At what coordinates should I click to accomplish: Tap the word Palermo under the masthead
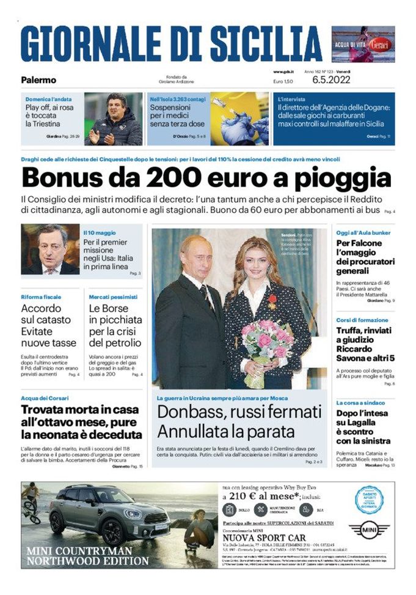point(38,79)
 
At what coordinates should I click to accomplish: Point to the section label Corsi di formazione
point(362,320)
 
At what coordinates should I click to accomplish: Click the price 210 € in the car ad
point(243,496)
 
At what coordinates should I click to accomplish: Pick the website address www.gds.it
point(283,72)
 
